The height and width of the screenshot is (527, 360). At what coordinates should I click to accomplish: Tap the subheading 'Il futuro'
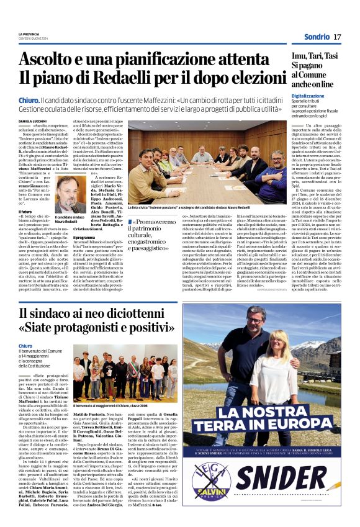[x=26, y=229]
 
